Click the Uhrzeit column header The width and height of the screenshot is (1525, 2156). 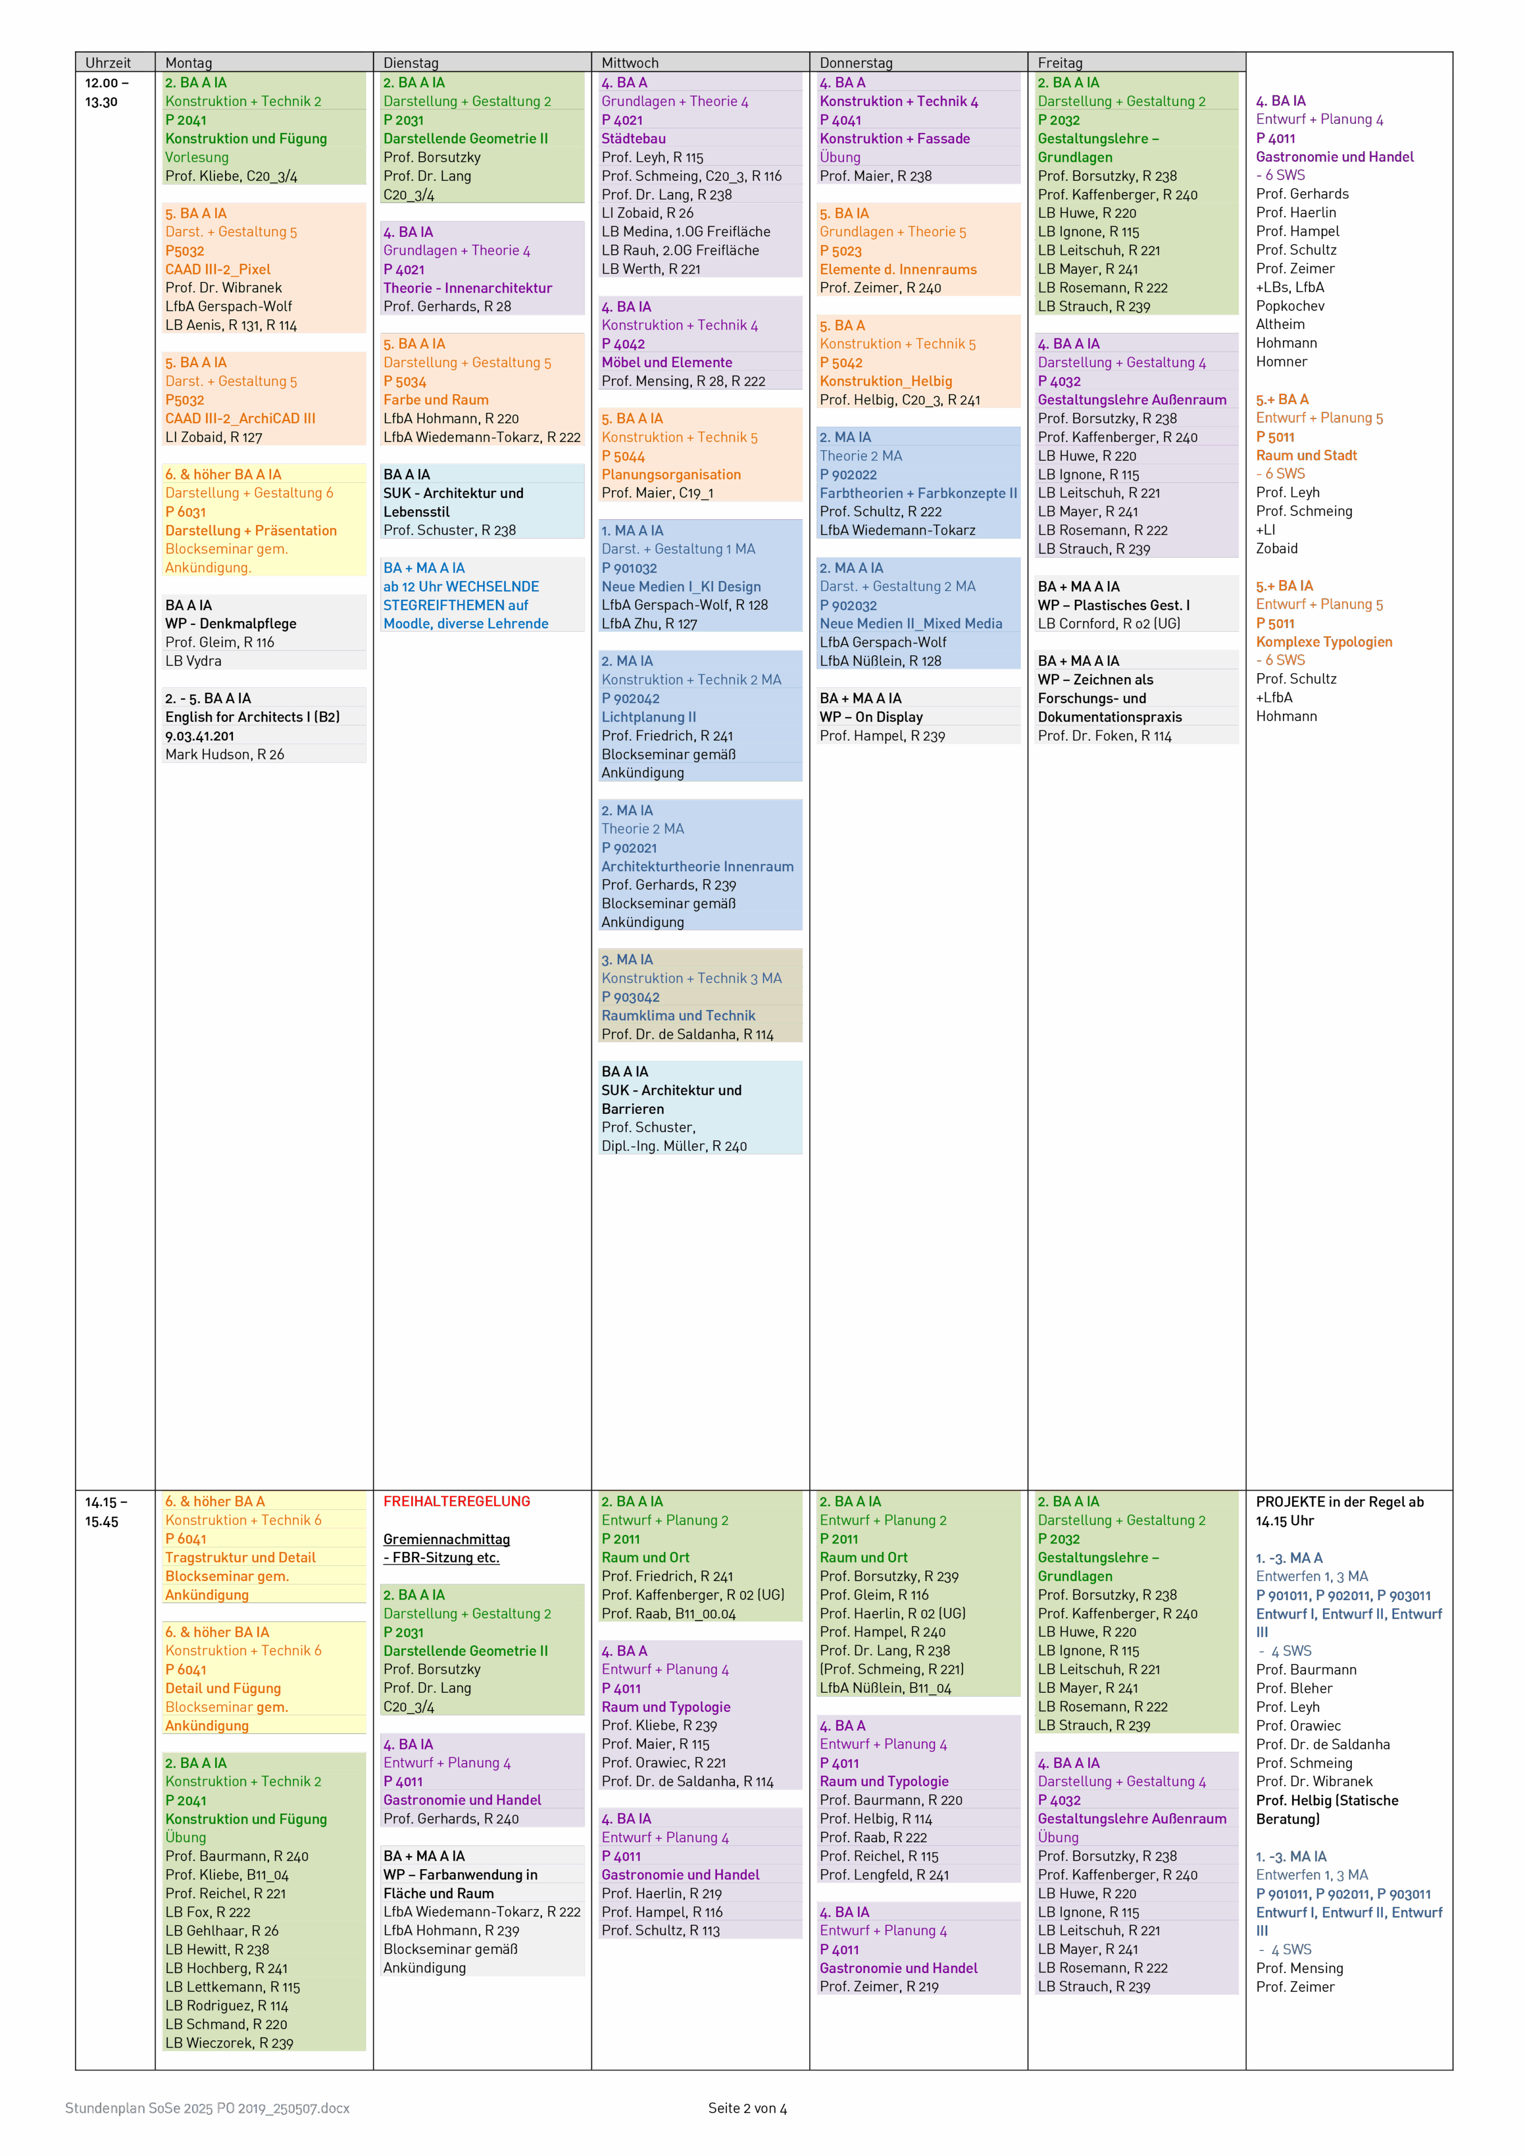click(x=108, y=63)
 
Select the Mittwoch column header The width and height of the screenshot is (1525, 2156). click(x=630, y=63)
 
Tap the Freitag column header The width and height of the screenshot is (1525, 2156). click(x=1060, y=63)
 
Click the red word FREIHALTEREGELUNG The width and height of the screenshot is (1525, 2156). click(x=456, y=1501)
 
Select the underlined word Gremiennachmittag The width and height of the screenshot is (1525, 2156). click(x=446, y=1539)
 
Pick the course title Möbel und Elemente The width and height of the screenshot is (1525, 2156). click(x=666, y=363)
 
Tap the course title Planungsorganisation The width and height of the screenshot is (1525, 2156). click(x=672, y=475)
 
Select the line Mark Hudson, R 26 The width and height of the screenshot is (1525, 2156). click(x=225, y=754)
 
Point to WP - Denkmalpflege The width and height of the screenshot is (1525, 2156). click(x=231, y=624)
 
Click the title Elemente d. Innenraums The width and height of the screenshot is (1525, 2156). click(x=898, y=269)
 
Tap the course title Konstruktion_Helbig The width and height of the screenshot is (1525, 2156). click(x=885, y=381)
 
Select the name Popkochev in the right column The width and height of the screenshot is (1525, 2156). click(x=1290, y=306)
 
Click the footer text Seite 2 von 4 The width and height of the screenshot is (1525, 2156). click(x=747, y=2108)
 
